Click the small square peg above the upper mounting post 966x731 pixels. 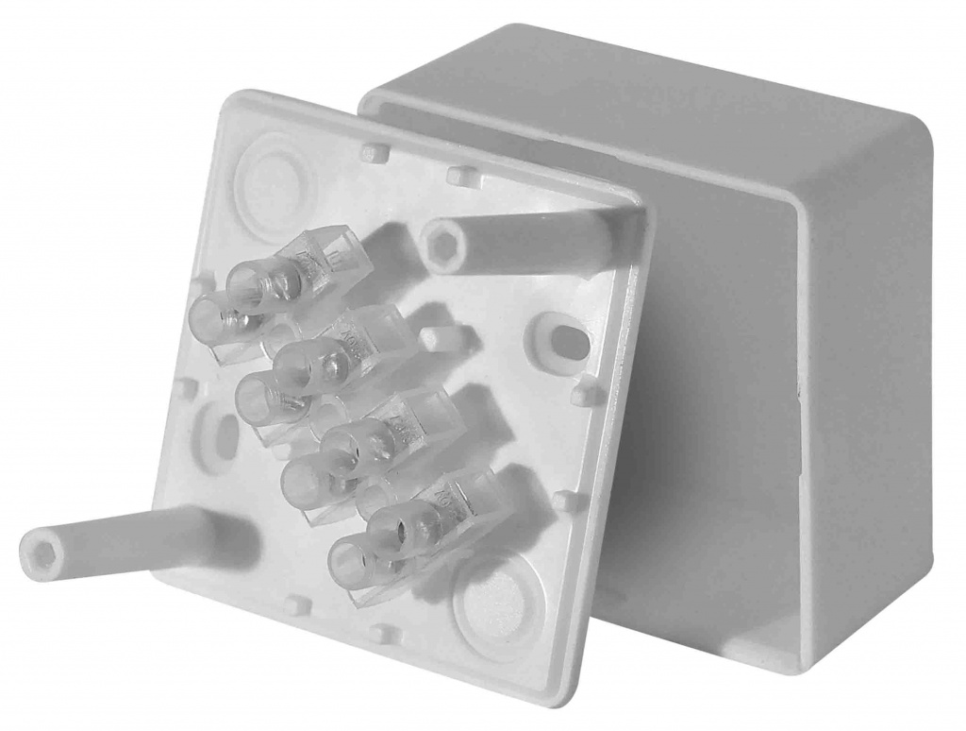coord(459,176)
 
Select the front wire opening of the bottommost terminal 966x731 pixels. coord(353,562)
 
